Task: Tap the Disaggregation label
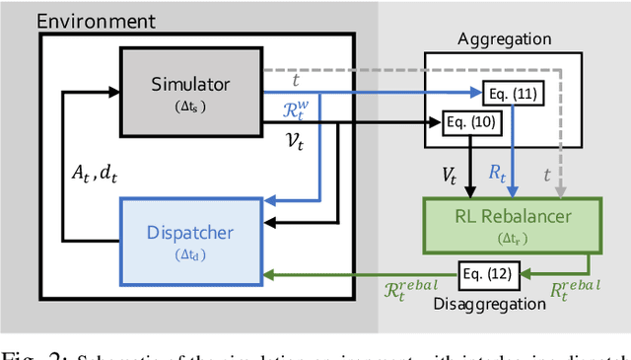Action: click(x=488, y=304)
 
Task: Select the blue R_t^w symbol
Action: click(x=296, y=105)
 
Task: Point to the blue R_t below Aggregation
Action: click(x=498, y=173)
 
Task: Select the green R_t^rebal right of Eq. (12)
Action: click(x=574, y=291)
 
